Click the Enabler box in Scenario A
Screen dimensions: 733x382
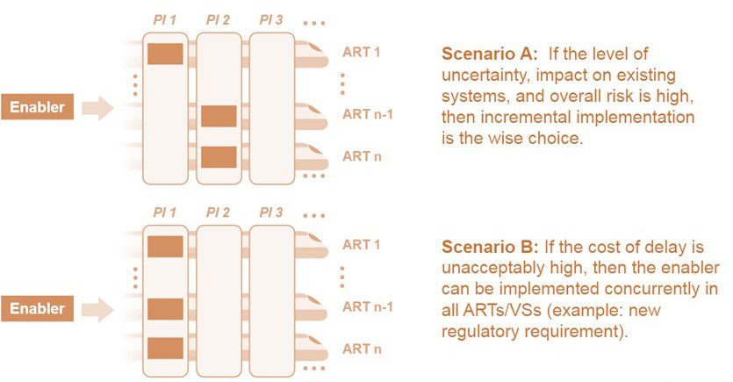[x=38, y=106]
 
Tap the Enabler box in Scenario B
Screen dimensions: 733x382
[x=38, y=308]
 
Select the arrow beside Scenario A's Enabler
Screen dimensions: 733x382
[x=97, y=108]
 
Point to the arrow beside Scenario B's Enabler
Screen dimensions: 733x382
[x=97, y=309]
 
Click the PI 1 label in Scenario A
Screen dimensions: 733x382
[x=164, y=20]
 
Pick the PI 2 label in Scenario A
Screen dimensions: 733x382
[x=218, y=20]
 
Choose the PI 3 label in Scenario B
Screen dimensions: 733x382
[x=271, y=213]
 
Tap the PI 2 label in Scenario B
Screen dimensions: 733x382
[x=218, y=213]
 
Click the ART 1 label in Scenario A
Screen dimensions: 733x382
[x=362, y=52]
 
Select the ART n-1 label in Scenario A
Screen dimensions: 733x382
[x=368, y=114]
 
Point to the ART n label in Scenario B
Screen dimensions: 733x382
[x=362, y=349]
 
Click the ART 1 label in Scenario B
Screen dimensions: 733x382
[x=362, y=244]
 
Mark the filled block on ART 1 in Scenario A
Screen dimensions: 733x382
[x=166, y=54]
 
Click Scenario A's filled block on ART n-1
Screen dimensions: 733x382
[x=219, y=116]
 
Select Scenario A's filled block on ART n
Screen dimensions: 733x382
[x=219, y=157]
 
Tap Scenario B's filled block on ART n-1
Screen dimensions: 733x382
[x=166, y=309]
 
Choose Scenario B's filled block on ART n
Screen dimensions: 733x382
[x=166, y=349]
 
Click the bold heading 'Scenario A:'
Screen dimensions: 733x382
[x=490, y=54]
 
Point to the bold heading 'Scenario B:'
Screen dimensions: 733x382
[x=490, y=247]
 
